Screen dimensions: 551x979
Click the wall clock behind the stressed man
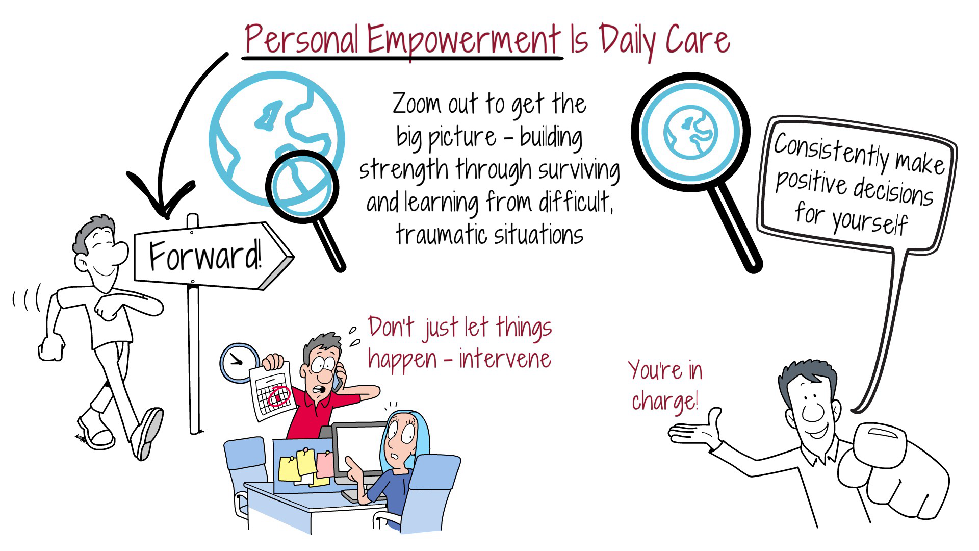(238, 361)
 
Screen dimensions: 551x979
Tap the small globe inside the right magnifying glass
(690, 132)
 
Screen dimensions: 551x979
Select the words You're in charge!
(665, 385)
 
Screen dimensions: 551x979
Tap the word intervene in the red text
(505, 359)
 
